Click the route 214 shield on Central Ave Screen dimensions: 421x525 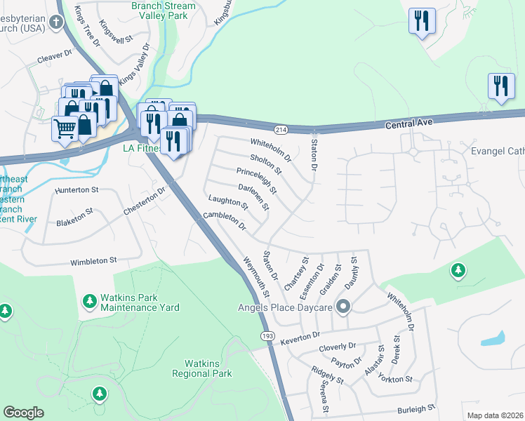(280, 130)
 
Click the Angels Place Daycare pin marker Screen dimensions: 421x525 (343, 307)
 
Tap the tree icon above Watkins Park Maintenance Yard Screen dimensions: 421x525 (90, 301)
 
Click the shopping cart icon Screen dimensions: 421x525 (65, 128)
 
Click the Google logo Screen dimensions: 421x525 (23, 413)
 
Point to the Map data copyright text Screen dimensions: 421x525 (496, 415)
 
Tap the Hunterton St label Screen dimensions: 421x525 (77, 189)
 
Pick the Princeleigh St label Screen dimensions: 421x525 (257, 181)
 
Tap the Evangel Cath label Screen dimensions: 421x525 (497, 150)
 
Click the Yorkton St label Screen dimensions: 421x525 (394, 379)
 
